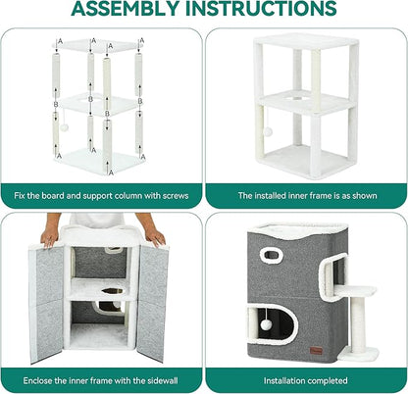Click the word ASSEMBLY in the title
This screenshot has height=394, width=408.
tap(126, 8)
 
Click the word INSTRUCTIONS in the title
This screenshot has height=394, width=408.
tap(261, 8)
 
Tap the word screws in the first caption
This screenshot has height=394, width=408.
tap(176, 196)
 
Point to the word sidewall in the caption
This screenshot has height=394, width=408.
tap(163, 380)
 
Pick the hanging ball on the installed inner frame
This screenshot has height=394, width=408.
tap(268, 131)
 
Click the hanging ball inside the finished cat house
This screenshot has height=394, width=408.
tap(265, 324)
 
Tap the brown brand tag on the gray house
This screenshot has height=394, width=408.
tap(316, 351)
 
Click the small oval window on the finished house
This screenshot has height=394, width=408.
tap(271, 255)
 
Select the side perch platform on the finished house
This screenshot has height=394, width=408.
tap(355, 290)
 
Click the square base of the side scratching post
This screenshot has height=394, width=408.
tap(359, 354)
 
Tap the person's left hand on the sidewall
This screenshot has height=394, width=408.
tap(50, 236)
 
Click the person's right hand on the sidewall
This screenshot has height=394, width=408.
tap(155, 236)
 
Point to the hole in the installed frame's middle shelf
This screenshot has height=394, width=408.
tap(296, 98)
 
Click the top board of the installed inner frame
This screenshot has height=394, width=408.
tap(306, 42)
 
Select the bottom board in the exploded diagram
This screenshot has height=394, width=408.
tap(98, 162)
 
